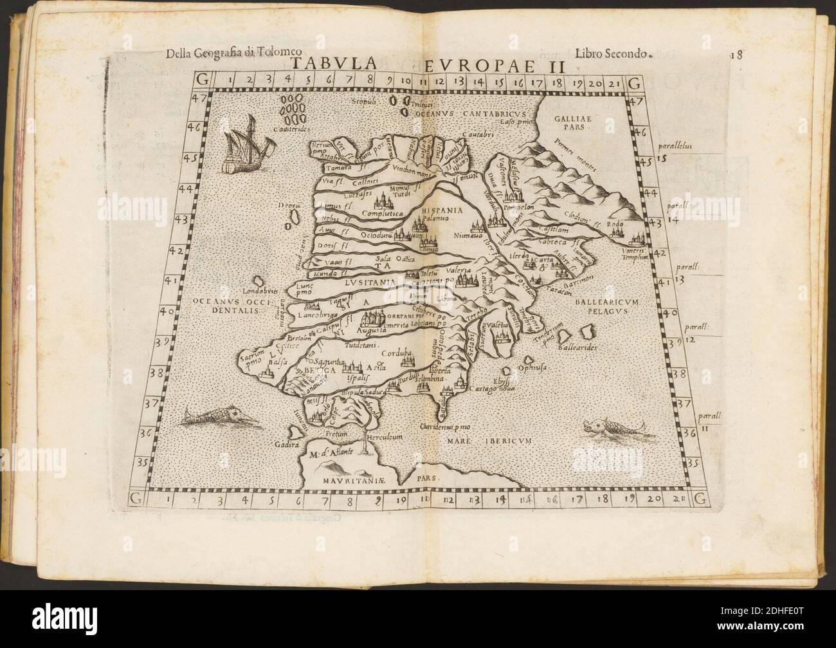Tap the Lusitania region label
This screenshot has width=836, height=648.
[x=367, y=281]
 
